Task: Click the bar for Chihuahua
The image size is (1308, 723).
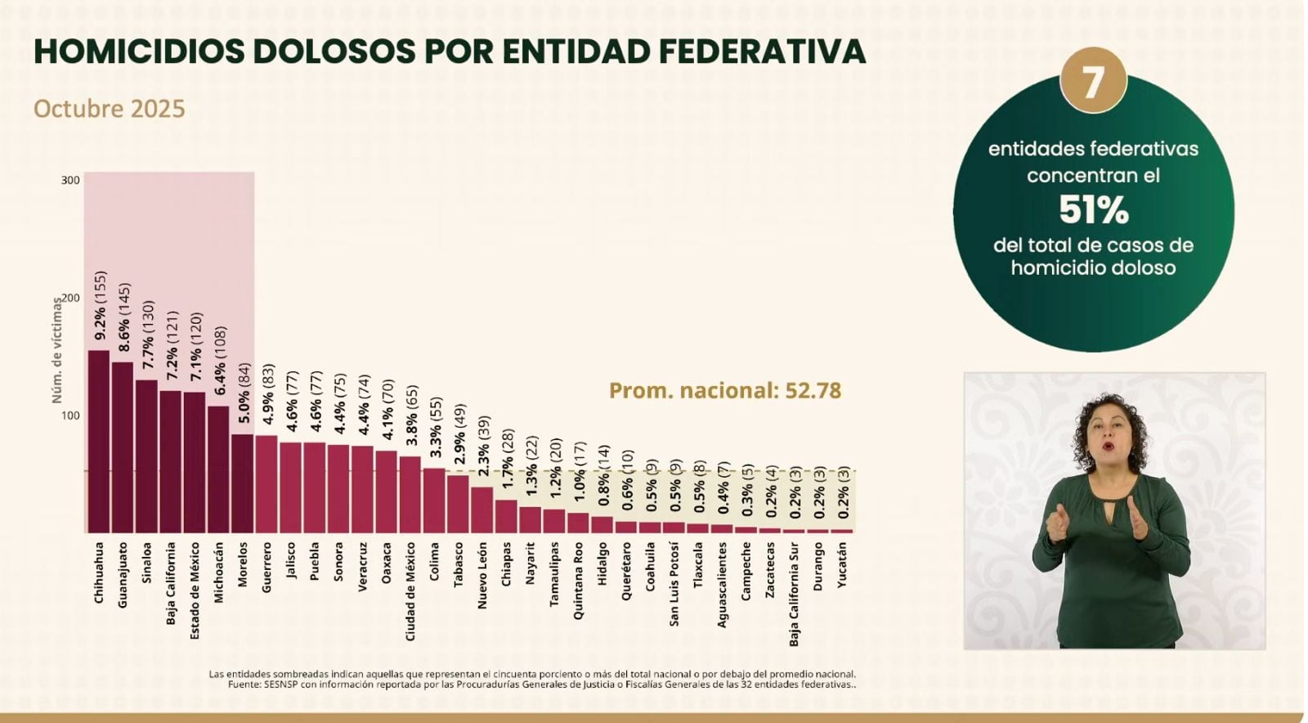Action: (x=99, y=442)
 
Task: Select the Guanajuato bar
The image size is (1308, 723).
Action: (x=123, y=447)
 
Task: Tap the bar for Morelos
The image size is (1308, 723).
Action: (x=242, y=483)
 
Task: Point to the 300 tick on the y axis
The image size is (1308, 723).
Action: (x=70, y=180)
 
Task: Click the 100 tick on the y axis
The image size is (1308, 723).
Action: (x=70, y=415)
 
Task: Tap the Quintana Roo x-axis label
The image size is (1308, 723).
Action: (x=578, y=580)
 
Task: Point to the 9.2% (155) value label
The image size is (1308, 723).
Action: (x=100, y=306)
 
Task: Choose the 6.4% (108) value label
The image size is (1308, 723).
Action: (x=219, y=361)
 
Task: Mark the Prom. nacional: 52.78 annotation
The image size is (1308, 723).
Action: (x=724, y=391)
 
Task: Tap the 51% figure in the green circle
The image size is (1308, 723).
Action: (x=1093, y=210)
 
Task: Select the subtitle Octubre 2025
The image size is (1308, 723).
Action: (x=110, y=109)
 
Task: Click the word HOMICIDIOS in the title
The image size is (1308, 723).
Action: (x=140, y=51)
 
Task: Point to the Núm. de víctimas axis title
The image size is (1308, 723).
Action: (x=57, y=350)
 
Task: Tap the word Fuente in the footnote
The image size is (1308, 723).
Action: (x=244, y=685)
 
